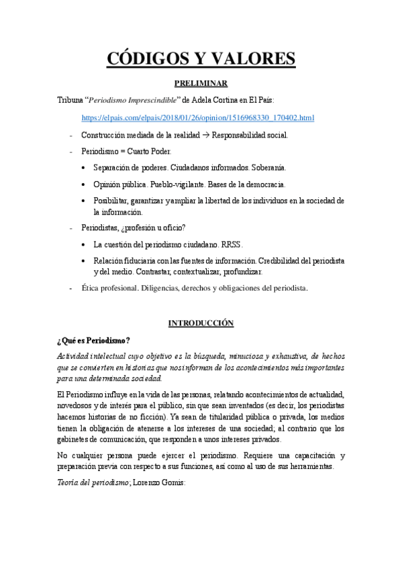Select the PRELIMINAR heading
tap(201, 83)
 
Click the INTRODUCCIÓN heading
tap(201, 323)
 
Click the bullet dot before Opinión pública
tap(83, 184)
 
